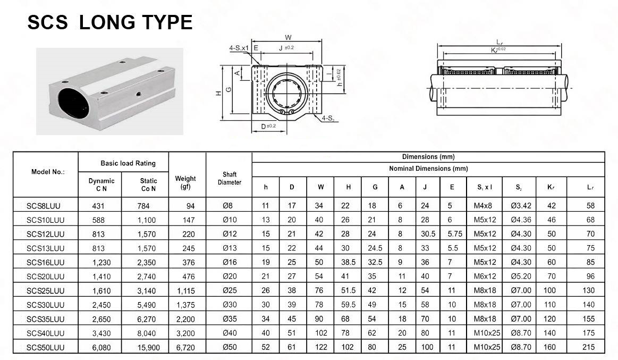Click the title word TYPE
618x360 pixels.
click(164, 22)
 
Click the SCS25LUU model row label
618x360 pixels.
click(45, 291)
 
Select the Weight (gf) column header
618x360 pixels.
click(185, 182)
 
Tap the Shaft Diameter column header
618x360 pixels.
click(230, 178)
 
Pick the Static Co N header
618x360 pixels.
click(148, 185)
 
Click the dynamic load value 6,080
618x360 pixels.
click(101, 348)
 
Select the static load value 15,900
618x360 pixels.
click(149, 348)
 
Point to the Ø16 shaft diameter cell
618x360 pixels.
click(230, 262)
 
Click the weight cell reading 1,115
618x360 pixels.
click(185, 291)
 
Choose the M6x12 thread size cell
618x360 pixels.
click(485, 277)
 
